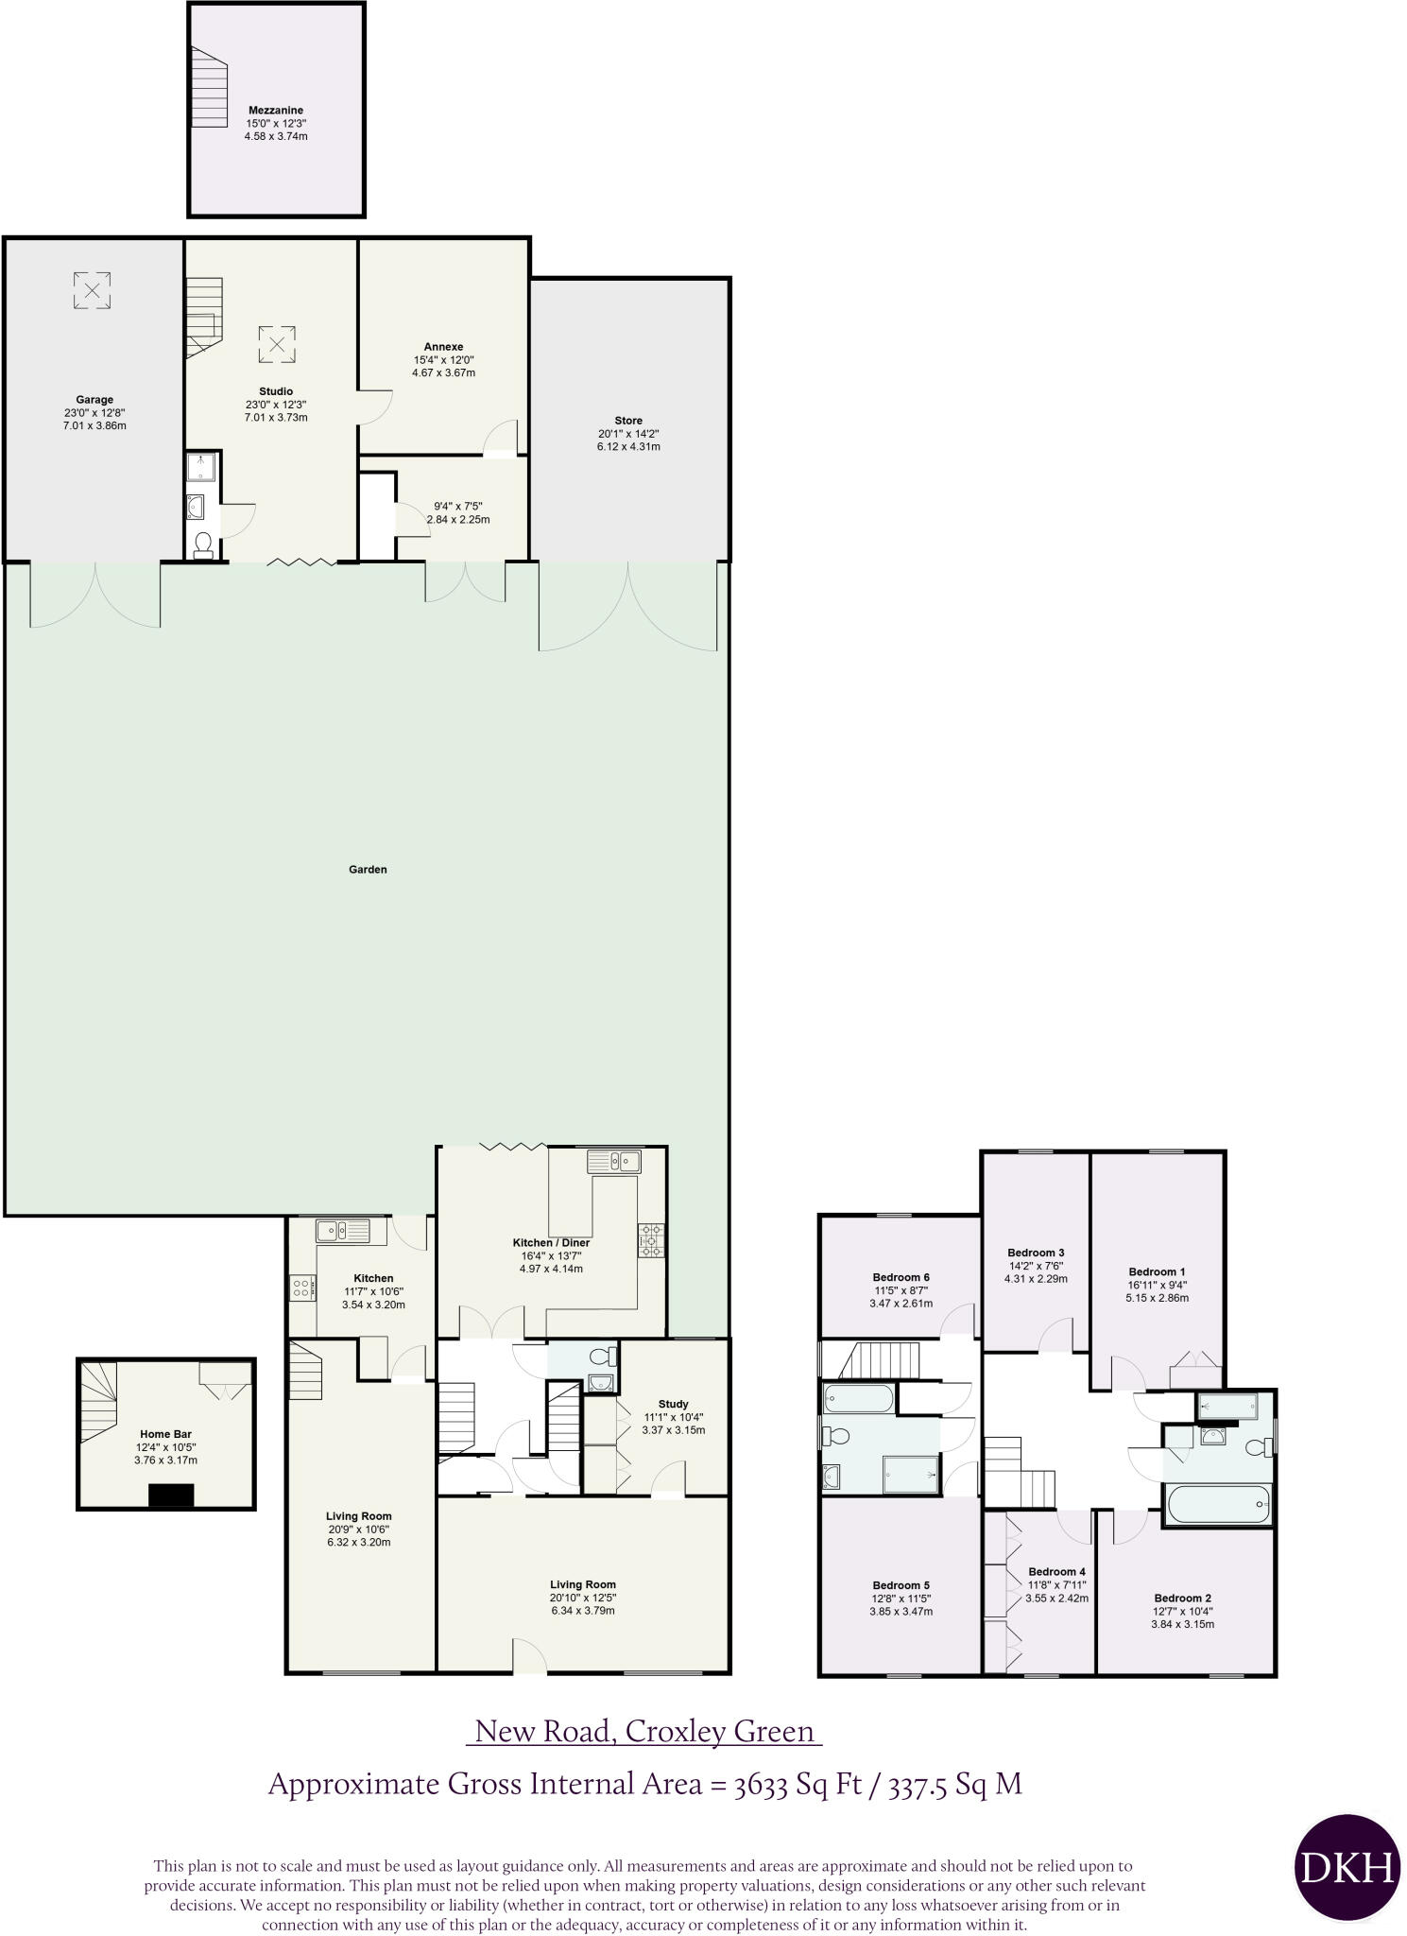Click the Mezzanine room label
pyautogui.click(x=276, y=111)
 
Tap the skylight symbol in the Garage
pyautogui.click(x=92, y=290)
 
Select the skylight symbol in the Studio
pyautogui.click(x=277, y=344)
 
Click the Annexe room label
pyautogui.click(x=443, y=347)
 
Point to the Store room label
pyautogui.click(x=628, y=421)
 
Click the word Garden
pyautogui.click(x=368, y=870)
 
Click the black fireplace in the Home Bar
pyautogui.click(x=171, y=1495)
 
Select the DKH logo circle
pyautogui.click(x=1346, y=1867)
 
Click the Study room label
pyautogui.click(x=673, y=1404)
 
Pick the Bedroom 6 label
pyautogui.click(x=901, y=1277)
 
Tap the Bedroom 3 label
pyautogui.click(x=1036, y=1253)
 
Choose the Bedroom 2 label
pyautogui.click(x=1182, y=1599)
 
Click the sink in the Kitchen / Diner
pyautogui.click(x=614, y=1160)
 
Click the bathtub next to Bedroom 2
pyautogui.click(x=1218, y=1503)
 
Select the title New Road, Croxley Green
pyautogui.click(x=644, y=1731)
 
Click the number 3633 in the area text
pyautogui.click(x=761, y=1784)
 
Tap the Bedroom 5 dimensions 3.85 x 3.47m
pyautogui.click(x=901, y=1612)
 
